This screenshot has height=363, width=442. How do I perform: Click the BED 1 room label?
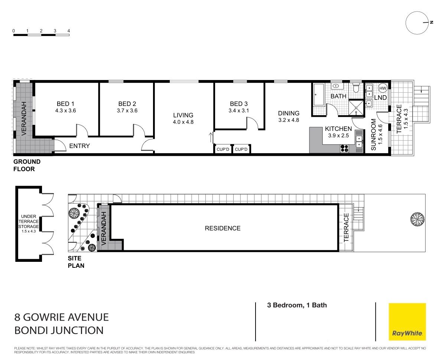click(x=65, y=104)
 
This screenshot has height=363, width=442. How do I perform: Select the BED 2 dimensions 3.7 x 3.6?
click(x=127, y=111)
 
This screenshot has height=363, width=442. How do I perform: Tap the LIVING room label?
click(x=183, y=115)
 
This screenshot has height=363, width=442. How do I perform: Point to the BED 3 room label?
click(x=239, y=104)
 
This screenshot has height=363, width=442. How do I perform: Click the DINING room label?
click(x=289, y=113)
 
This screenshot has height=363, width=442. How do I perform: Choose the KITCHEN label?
click(x=338, y=129)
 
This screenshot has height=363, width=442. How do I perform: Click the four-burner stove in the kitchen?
click(x=344, y=148)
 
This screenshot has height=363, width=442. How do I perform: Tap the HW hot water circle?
click(x=383, y=89)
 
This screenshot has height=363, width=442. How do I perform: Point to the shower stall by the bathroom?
click(x=356, y=108)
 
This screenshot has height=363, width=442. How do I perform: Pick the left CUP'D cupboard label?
click(x=223, y=149)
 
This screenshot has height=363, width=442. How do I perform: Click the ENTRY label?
click(x=79, y=146)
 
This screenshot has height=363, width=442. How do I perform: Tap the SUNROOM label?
click(x=374, y=134)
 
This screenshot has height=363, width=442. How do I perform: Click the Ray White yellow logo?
click(x=407, y=322)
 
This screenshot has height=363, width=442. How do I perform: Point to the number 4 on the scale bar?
click(x=68, y=31)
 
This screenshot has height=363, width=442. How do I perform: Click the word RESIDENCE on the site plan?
click(x=223, y=228)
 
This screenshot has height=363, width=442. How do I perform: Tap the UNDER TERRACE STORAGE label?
click(x=29, y=221)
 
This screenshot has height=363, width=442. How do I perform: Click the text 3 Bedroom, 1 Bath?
click(x=297, y=305)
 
